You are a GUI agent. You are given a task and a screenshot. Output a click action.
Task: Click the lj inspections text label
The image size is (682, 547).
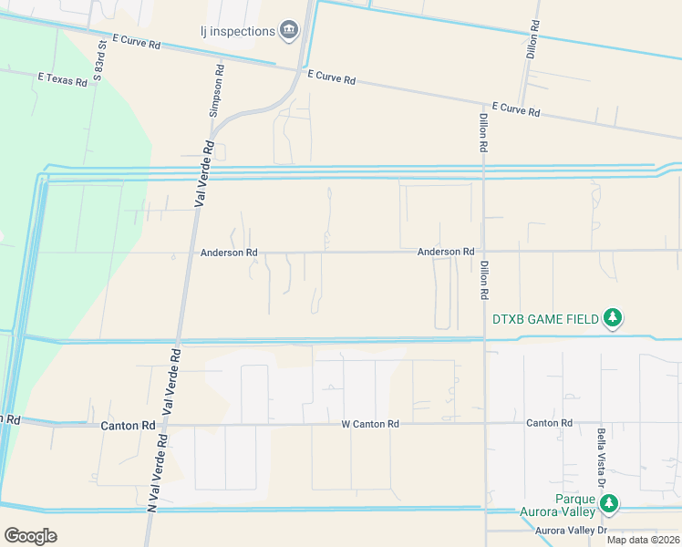(x=237, y=31)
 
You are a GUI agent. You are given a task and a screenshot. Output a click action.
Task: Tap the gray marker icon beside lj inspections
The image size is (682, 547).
(x=290, y=31)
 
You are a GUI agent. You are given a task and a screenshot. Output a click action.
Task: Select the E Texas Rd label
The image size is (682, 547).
(x=62, y=80)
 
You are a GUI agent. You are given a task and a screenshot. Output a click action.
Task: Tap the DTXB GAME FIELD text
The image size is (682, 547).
(x=545, y=319)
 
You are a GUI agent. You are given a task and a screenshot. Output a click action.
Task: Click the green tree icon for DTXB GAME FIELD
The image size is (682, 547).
(x=615, y=318)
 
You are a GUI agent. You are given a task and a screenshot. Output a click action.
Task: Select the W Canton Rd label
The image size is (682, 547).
(x=370, y=424)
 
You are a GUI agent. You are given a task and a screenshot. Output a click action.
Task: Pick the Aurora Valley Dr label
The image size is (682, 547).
(x=571, y=531)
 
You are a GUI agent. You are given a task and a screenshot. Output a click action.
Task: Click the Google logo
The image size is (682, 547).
(x=31, y=535)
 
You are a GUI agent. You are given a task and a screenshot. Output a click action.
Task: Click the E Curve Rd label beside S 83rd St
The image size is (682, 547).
(x=137, y=42)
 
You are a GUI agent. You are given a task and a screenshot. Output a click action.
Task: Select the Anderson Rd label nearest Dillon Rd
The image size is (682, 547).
(x=446, y=252)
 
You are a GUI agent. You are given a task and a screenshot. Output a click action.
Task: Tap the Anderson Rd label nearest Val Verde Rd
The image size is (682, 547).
(x=229, y=253)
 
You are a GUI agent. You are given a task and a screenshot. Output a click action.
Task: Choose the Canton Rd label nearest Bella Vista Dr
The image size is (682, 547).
(x=549, y=423)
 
